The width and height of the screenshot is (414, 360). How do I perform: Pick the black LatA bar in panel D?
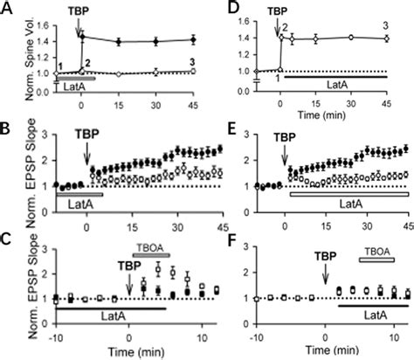point(336,77)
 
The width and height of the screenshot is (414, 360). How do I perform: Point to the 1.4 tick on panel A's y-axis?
point(42,38)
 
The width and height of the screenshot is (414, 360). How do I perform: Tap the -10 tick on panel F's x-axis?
point(257,337)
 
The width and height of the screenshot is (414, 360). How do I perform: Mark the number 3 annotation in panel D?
point(385,27)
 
